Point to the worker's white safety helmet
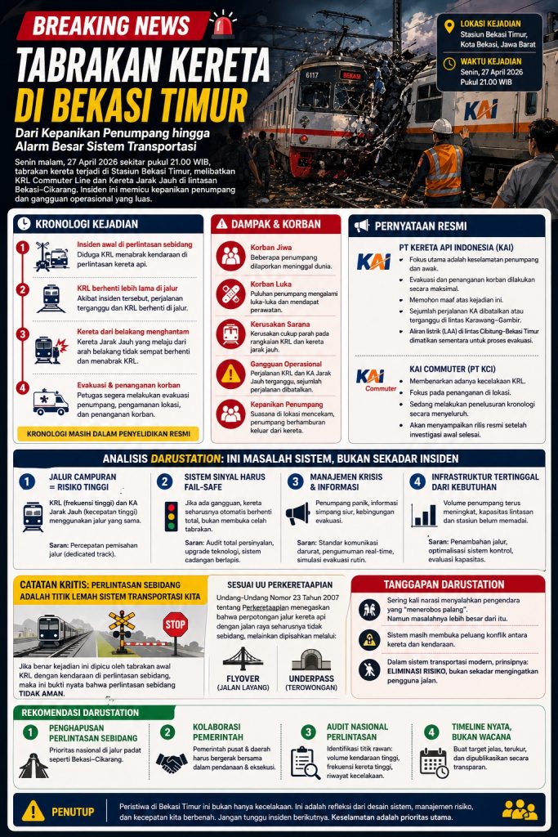point(442,126)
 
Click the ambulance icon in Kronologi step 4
point(51,401)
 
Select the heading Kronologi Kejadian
point(86,224)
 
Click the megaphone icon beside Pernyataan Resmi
point(361,225)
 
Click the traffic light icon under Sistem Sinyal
point(171,517)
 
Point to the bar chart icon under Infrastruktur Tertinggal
point(424,515)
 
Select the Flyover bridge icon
point(243,659)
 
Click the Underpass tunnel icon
point(311,659)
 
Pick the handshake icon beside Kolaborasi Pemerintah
point(172,762)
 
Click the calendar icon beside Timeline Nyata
point(433,762)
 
